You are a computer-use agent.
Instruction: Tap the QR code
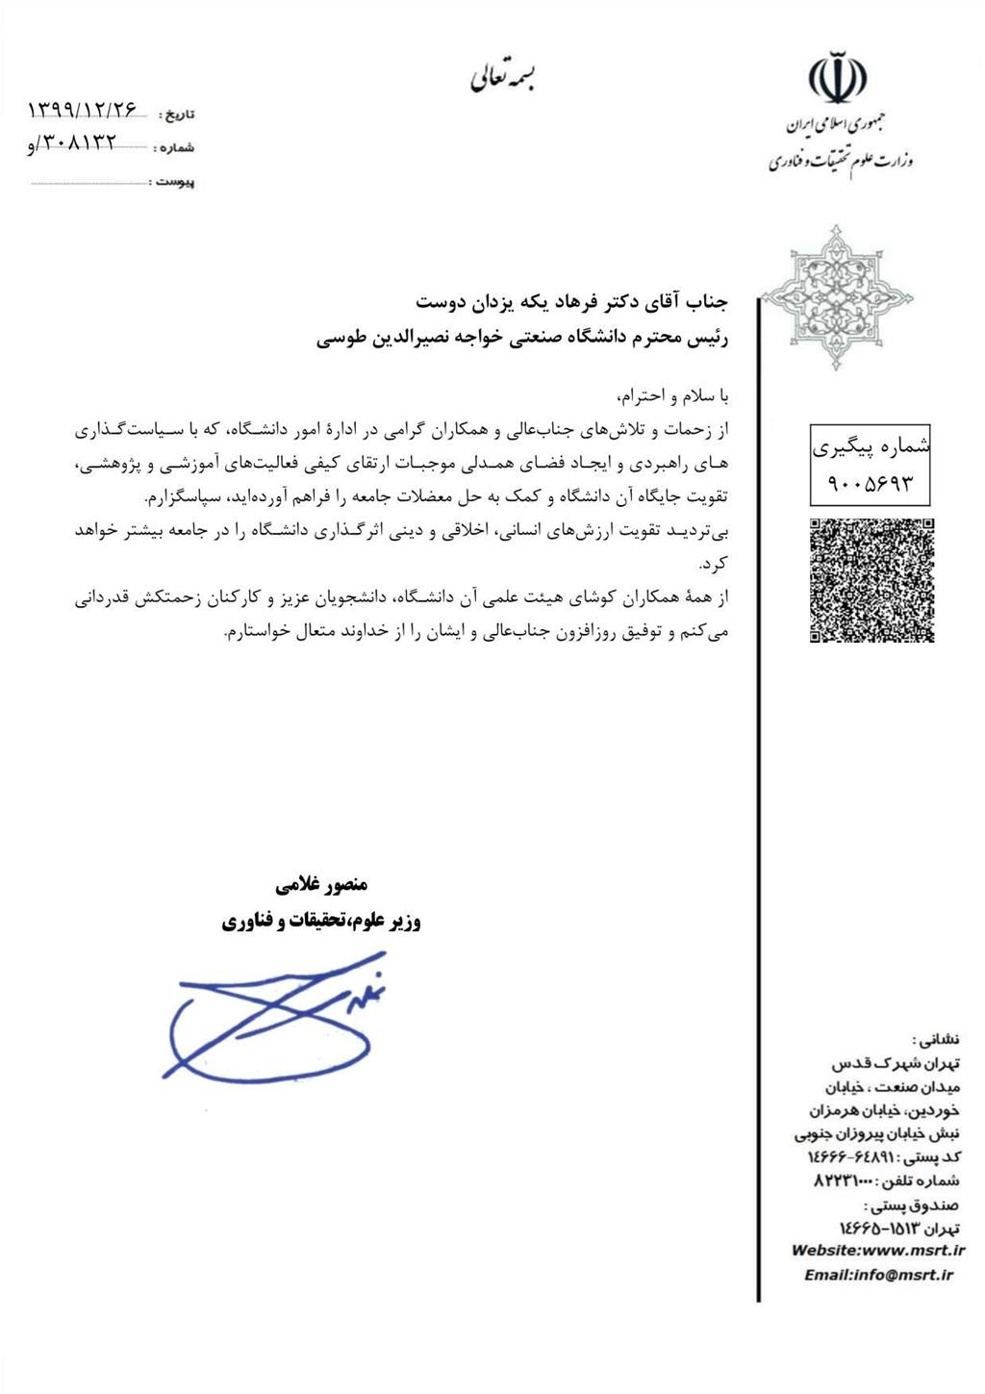[871, 580]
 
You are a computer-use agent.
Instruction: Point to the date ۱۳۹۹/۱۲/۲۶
[83, 110]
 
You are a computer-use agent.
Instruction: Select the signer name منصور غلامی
[321, 885]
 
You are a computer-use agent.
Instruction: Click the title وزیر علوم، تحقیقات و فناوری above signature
[321, 922]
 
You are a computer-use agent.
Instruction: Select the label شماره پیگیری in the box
[871, 446]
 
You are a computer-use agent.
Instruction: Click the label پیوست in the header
[175, 182]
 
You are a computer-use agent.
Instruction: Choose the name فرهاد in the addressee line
[549, 301]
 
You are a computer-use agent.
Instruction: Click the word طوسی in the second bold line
[338, 339]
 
